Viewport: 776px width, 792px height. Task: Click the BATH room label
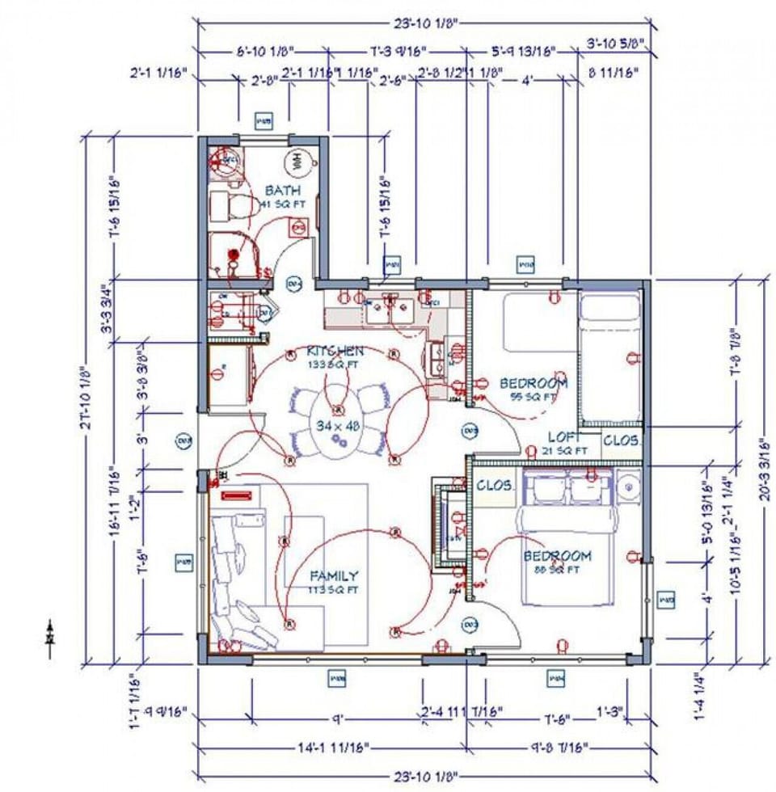tap(282, 191)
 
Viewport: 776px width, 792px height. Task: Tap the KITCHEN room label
tap(335, 352)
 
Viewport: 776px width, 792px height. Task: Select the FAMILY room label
tap(335, 576)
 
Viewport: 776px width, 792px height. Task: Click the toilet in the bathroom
tap(231, 205)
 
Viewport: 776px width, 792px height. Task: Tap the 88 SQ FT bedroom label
tap(557, 557)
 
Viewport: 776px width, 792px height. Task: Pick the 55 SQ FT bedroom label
tap(533, 383)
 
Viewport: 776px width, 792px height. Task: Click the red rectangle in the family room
tap(238, 495)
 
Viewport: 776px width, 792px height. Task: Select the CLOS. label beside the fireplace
tap(494, 486)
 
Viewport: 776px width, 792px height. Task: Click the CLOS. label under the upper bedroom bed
tap(622, 441)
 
